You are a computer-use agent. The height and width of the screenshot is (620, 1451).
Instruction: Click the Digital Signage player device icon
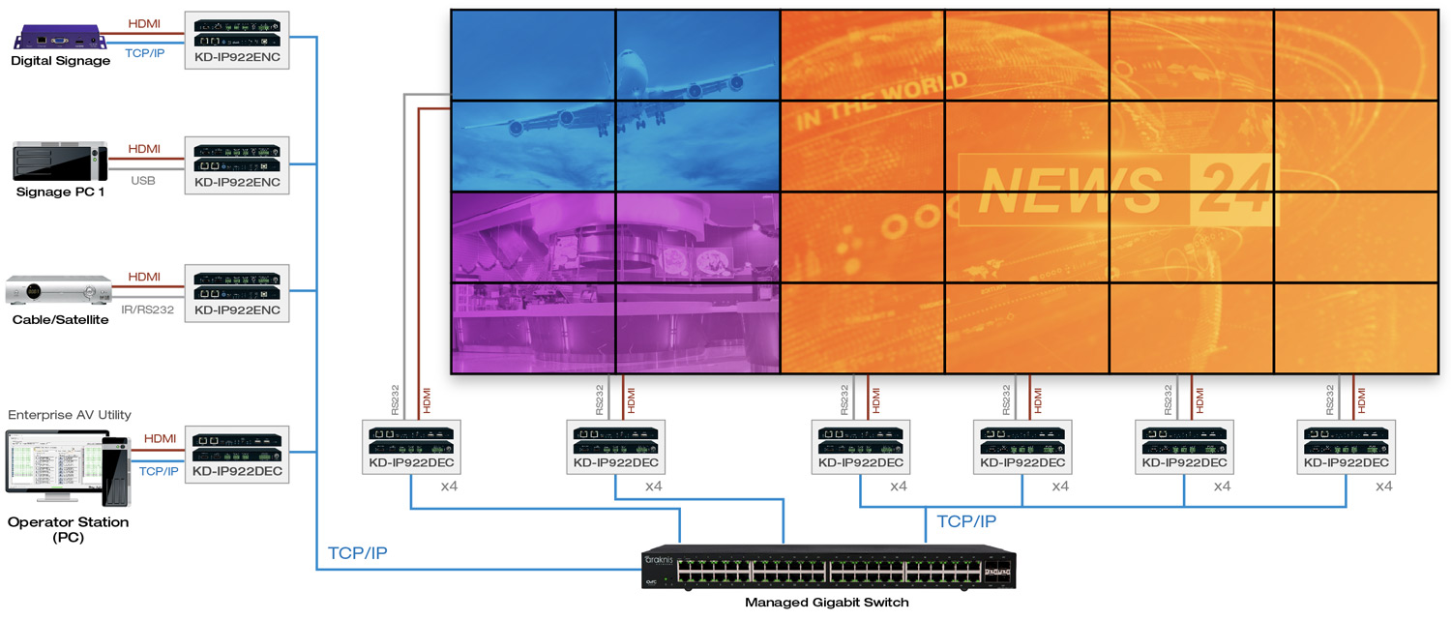tap(59, 39)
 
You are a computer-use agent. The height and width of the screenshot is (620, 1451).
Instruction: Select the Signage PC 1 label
tap(60, 192)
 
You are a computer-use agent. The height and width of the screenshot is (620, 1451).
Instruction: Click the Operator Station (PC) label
tap(68, 529)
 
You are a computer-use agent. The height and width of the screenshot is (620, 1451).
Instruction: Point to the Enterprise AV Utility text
tap(70, 415)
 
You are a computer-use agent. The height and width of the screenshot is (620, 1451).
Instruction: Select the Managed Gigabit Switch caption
tap(827, 603)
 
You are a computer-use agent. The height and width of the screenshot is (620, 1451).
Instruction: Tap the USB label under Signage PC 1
tap(144, 180)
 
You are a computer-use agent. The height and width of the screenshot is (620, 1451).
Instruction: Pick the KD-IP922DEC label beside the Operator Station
tap(237, 471)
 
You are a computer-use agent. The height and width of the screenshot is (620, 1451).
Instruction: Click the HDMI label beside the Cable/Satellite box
tap(144, 277)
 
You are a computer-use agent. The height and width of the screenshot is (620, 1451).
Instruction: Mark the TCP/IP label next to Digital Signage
tap(144, 53)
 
